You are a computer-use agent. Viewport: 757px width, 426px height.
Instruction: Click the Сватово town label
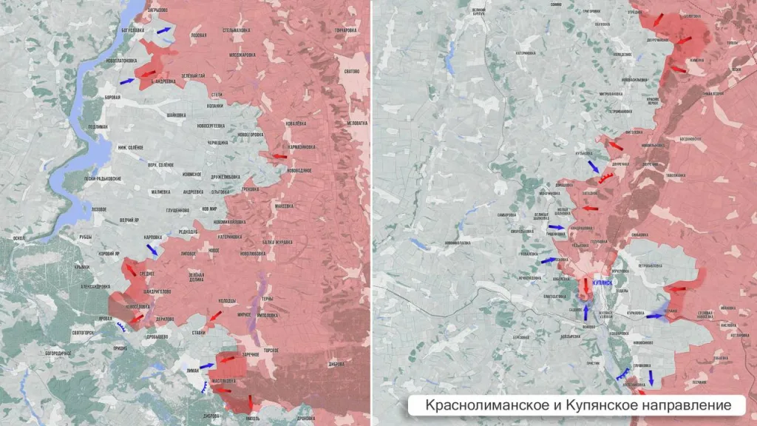[x=351, y=71]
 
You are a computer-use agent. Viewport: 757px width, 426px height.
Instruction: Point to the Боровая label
[x=112, y=98]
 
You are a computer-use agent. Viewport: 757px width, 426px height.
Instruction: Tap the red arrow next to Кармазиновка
[x=279, y=157]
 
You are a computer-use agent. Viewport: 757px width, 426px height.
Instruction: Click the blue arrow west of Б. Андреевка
[x=127, y=81]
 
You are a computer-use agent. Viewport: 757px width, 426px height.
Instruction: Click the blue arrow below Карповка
[x=152, y=250]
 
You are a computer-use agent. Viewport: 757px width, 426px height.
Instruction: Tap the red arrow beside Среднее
[x=131, y=270]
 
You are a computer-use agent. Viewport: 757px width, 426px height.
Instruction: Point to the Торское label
[x=271, y=349]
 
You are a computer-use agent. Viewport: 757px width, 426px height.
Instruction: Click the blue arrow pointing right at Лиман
[x=206, y=366]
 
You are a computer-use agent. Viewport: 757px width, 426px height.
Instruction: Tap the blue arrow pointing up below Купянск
[x=586, y=312]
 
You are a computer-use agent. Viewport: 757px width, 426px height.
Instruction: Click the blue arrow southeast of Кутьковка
[x=593, y=166]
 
